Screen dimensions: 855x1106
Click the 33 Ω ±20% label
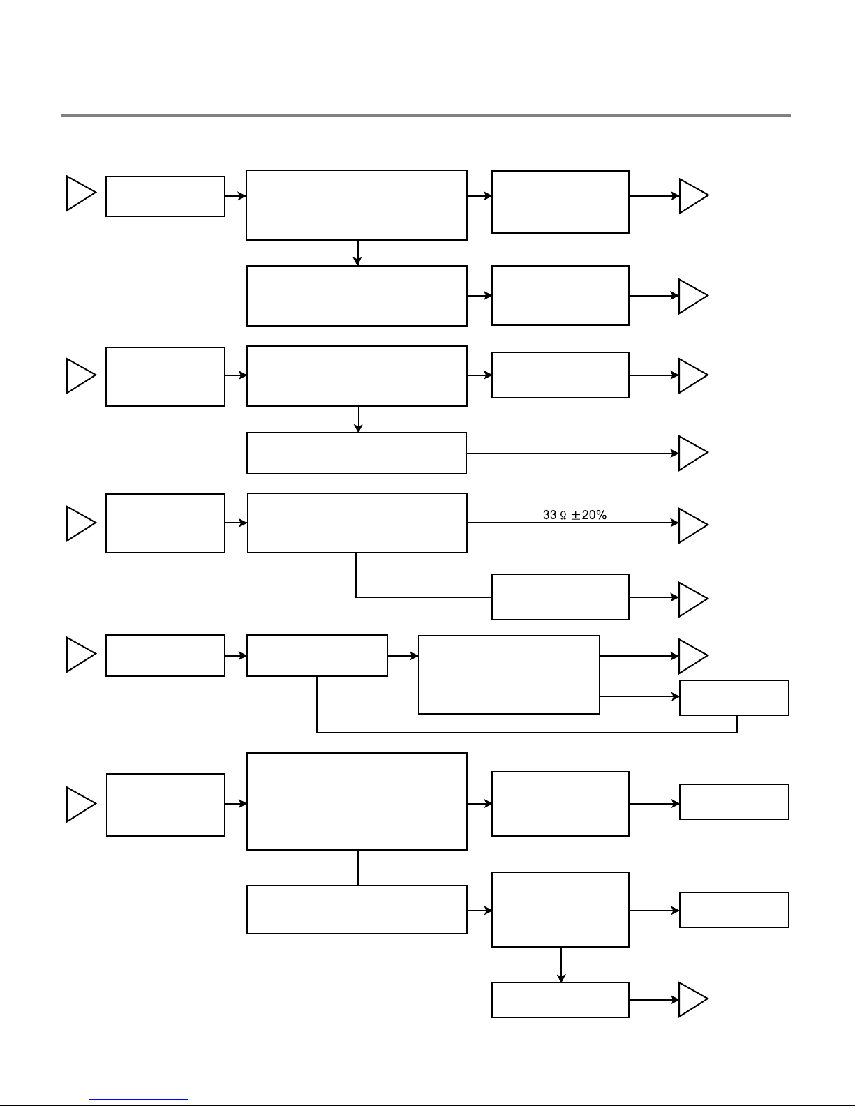[x=574, y=515]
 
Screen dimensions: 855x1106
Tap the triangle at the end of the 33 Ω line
[x=693, y=525]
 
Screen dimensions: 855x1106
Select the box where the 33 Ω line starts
[x=357, y=523]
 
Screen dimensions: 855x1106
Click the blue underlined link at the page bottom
[x=138, y=1100]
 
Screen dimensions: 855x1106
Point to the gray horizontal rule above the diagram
[x=426, y=116]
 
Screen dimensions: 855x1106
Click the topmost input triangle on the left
[x=81, y=193]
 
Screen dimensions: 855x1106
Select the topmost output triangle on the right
[x=694, y=196]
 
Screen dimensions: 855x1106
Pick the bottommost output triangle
[x=693, y=1000]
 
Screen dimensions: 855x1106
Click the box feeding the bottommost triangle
[x=560, y=1000]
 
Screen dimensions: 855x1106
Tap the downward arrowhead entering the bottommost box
[x=561, y=978]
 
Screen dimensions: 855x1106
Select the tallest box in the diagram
[x=357, y=801]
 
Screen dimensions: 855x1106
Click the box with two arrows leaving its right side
[x=509, y=674]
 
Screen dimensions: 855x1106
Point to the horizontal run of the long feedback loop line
[x=527, y=733]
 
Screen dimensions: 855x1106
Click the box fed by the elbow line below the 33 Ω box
[x=560, y=597]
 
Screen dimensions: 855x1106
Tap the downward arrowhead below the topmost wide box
[x=357, y=261]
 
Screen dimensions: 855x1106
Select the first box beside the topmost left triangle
[x=165, y=197]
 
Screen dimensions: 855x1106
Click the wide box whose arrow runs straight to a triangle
[x=356, y=453]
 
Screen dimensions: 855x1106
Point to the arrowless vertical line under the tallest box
[x=358, y=868]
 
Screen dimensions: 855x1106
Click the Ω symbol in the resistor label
[x=563, y=516]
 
